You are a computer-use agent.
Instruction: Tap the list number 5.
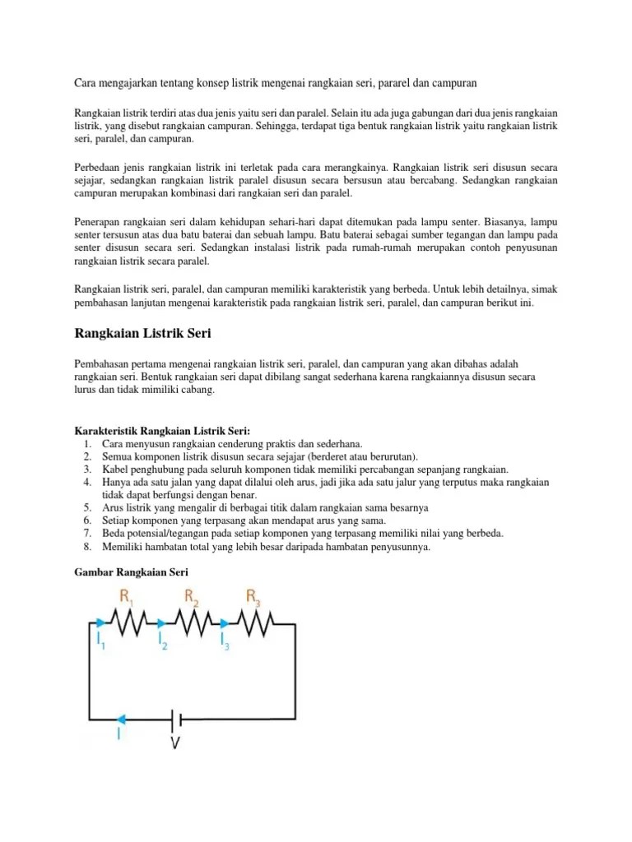point(87,508)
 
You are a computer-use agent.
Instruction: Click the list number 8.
point(87,545)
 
